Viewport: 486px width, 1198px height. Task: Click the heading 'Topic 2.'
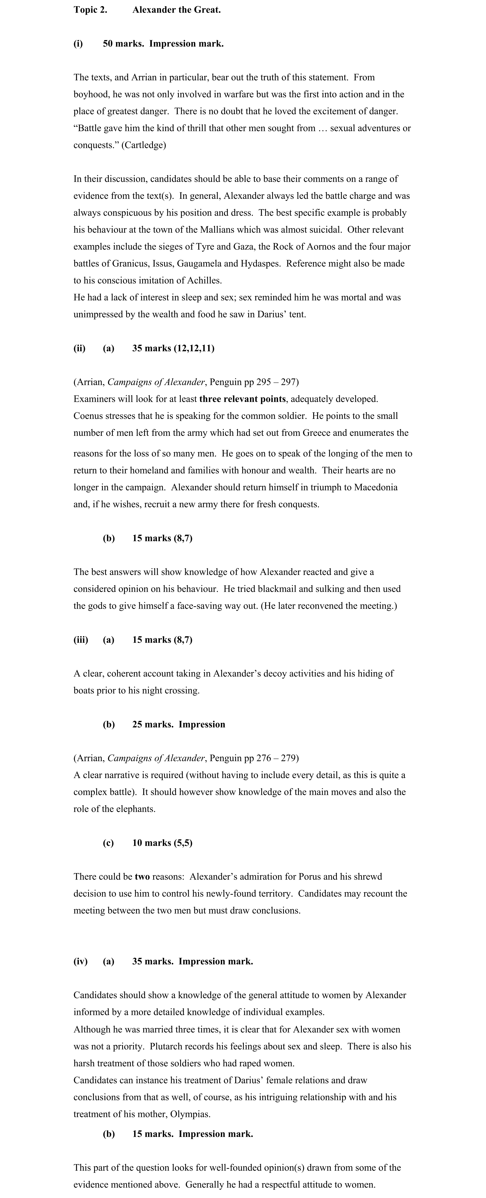coord(90,10)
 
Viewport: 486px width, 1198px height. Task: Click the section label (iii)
coord(80,640)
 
